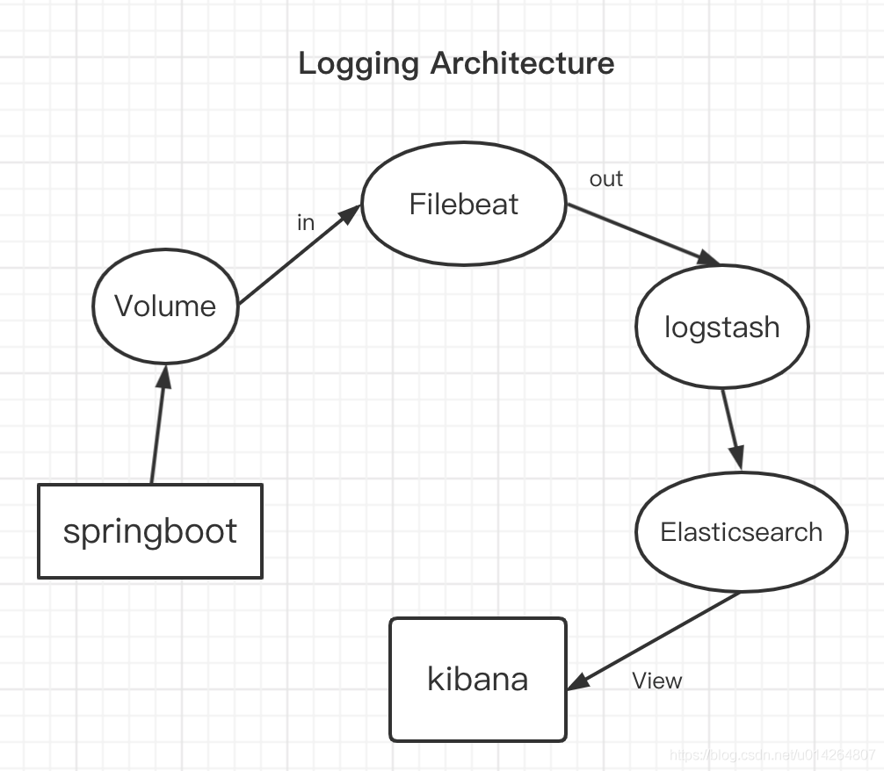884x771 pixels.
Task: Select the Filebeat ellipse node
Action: coord(464,205)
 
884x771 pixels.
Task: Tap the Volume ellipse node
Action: coord(165,306)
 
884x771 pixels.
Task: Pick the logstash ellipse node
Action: coord(721,328)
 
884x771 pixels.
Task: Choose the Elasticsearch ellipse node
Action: coord(741,532)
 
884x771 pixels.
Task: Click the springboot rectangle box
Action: coord(150,531)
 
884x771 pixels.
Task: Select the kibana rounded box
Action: coord(478,679)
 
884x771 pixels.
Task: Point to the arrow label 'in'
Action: coord(305,223)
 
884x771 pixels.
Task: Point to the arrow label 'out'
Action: coord(606,179)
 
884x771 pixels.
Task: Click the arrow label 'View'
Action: coord(656,681)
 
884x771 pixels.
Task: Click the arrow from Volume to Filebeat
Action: coord(299,255)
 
